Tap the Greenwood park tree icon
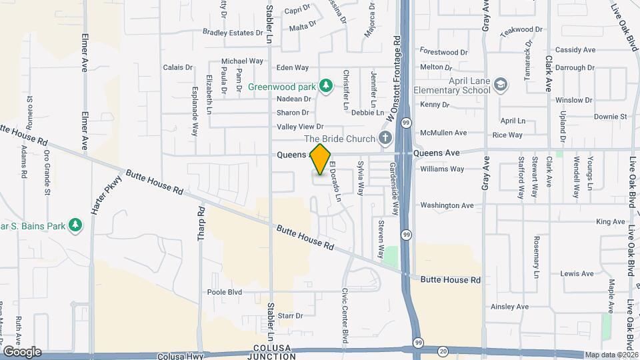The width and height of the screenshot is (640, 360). [326, 85]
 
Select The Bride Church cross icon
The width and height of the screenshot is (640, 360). [384, 139]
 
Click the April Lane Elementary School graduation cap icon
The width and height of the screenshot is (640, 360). [501, 85]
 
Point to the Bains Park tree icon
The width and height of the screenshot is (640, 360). [75, 225]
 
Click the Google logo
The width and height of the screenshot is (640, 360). [22, 352]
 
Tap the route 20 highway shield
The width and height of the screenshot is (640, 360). [444, 350]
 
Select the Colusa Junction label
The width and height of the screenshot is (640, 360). [274, 352]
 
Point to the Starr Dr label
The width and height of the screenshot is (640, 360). [290, 315]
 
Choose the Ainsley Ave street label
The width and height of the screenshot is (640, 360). [509, 307]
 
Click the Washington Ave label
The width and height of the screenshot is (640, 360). [447, 205]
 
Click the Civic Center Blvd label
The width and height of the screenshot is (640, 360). [345, 312]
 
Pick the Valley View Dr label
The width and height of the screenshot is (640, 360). [300, 127]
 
